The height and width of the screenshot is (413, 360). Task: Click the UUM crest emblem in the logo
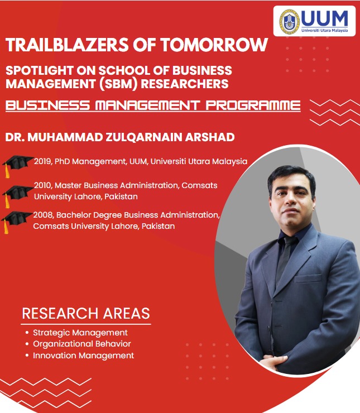point(290,22)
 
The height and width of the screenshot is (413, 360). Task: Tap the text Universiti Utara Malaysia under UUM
point(324,30)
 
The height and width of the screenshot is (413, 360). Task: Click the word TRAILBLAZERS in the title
point(67,45)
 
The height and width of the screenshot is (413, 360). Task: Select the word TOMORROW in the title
point(214,45)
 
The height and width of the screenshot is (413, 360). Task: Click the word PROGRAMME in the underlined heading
point(253,105)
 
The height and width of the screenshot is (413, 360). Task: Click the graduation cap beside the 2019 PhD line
point(17,165)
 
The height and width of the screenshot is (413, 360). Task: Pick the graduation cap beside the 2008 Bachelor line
point(16,222)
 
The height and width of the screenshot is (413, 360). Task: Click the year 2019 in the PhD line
point(43,161)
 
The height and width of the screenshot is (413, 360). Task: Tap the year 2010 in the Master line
point(43,185)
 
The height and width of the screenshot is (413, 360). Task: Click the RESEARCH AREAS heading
point(86,314)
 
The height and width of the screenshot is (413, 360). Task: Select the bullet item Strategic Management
point(80,333)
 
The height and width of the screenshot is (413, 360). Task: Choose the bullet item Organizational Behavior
point(82,344)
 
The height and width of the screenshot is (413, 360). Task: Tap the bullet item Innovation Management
point(84,356)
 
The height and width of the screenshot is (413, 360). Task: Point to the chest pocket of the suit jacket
point(308,278)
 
